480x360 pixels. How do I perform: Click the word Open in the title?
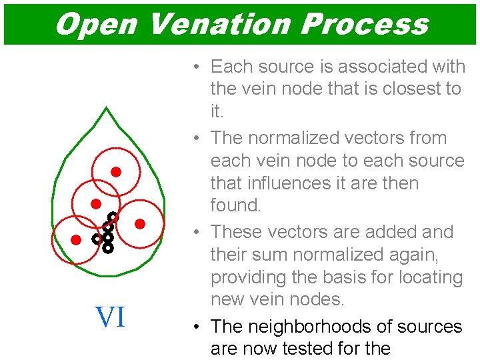click(96, 25)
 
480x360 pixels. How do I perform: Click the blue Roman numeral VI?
click(110, 317)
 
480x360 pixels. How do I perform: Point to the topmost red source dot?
click(115, 172)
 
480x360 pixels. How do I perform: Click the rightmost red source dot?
click(140, 224)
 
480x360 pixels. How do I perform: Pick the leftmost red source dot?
click(76, 239)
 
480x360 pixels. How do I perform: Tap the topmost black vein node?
click(113, 217)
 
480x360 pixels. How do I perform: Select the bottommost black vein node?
click(107, 248)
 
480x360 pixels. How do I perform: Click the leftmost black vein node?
click(97, 238)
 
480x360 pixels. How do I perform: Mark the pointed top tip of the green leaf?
click(106, 107)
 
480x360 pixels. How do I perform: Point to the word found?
click(235, 205)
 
